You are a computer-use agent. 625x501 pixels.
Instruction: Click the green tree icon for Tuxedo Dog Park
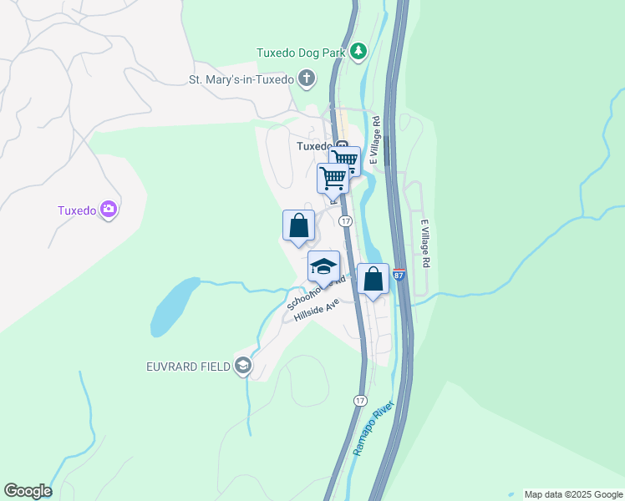[x=358, y=52]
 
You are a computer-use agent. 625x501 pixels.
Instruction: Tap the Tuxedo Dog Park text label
[x=301, y=53]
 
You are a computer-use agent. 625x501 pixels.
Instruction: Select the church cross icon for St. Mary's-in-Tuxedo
[x=307, y=80]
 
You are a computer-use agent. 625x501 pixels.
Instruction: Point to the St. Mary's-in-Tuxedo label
[x=241, y=80]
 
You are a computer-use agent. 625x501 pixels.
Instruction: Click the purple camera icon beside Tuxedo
[x=108, y=210]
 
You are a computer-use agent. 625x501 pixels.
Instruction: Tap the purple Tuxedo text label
[x=77, y=210]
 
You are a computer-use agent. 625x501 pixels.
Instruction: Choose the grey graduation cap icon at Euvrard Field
[x=242, y=365]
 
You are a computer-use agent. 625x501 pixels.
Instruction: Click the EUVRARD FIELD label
[x=188, y=366]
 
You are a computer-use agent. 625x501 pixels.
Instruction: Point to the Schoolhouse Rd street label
[x=316, y=293]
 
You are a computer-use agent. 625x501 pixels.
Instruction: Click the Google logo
[x=28, y=491]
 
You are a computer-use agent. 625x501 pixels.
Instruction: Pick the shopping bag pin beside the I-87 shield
[x=373, y=280]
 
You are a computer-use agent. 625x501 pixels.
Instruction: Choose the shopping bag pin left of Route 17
[x=298, y=225]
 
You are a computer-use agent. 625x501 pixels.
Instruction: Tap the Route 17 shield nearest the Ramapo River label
[x=359, y=400]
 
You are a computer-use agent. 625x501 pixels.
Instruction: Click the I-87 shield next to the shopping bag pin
[x=399, y=274]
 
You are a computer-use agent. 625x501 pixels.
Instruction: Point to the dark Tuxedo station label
[x=315, y=145]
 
